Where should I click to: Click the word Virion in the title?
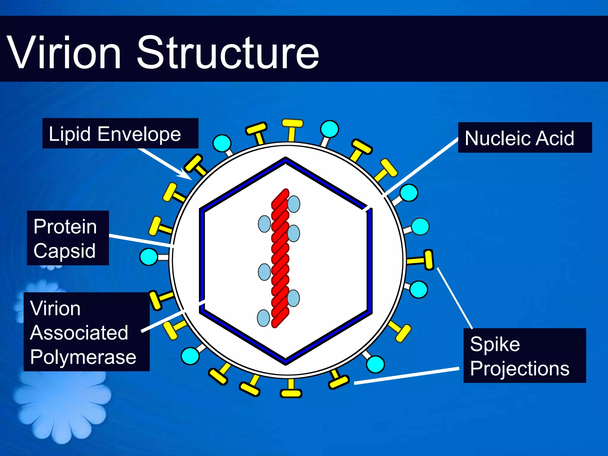coord(64,53)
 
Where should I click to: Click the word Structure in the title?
coord(227,53)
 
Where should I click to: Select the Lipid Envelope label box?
coord(120,133)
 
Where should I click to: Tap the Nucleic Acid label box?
coord(525,138)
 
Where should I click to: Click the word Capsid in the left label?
coord(64,251)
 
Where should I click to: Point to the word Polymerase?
coord(83,357)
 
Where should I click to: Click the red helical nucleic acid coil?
coord(280,258)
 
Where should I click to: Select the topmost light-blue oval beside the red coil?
coord(294,204)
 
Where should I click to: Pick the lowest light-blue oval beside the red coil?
coord(263,318)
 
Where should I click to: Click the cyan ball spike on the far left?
coord(149,257)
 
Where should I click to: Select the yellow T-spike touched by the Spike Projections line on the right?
coord(428,260)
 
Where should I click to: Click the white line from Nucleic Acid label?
coord(422,168)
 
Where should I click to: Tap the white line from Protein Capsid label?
coord(141,241)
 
